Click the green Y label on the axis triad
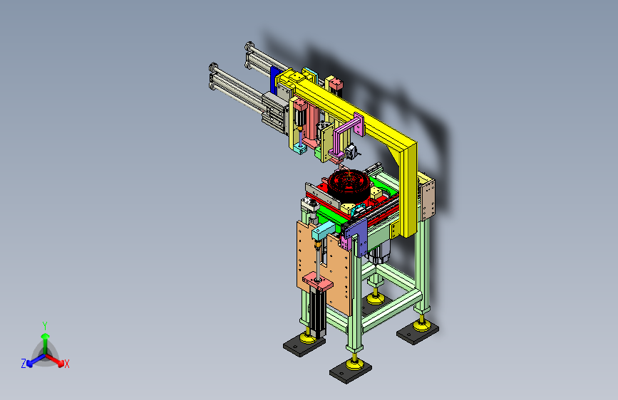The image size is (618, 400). pos(45,325)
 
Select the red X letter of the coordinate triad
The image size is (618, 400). pos(66,364)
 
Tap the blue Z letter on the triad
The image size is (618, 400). pos(24,364)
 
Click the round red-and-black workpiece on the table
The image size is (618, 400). pos(349,184)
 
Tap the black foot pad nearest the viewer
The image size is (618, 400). pos(351,372)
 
